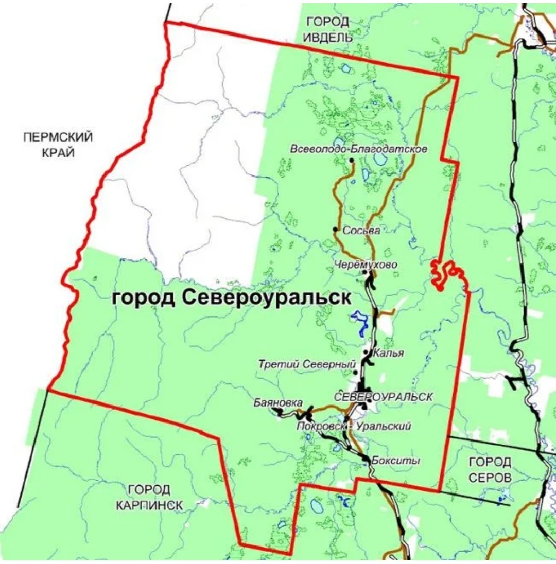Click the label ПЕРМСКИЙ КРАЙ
click(x=58, y=145)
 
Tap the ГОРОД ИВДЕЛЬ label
click(x=327, y=29)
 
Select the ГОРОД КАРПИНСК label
click(x=149, y=498)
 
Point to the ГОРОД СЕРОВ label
click(x=490, y=469)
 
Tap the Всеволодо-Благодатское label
click(x=359, y=149)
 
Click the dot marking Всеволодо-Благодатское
click(x=352, y=161)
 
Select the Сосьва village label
click(x=362, y=231)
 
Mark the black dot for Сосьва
click(x=335, y=230)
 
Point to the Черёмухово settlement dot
click(x=365, y=272)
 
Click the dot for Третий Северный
click(x=355, y=372)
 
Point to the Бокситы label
click(x=395, y=461)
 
